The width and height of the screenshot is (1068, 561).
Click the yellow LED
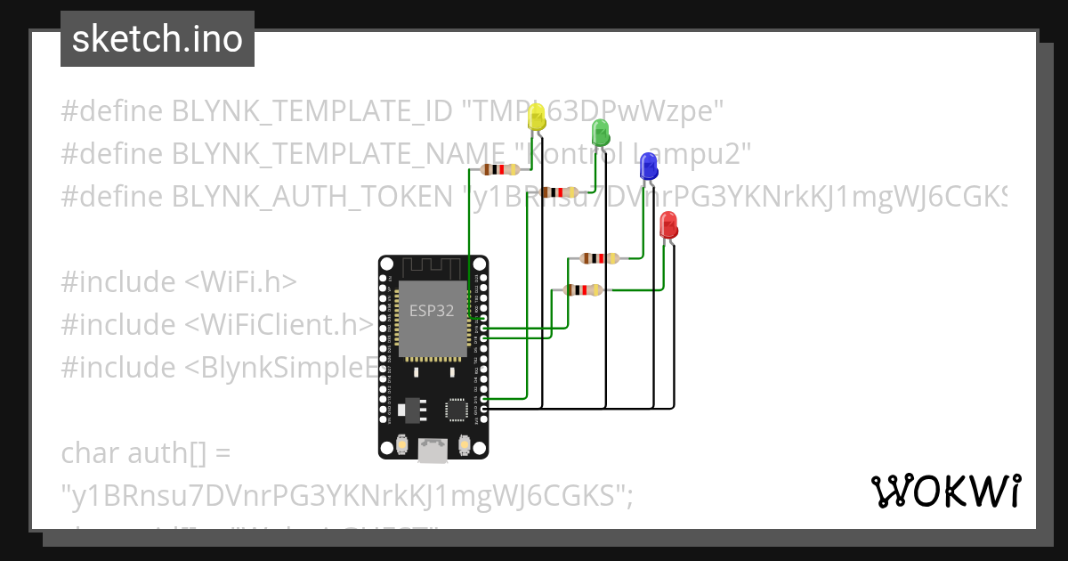[x=536, y=117]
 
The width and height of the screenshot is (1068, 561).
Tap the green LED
[x=600, y=134]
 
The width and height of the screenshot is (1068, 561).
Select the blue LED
[x=649, y=165]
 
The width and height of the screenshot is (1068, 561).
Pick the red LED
[x=668, y=224]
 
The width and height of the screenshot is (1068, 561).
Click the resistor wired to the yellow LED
[x=498, y=170]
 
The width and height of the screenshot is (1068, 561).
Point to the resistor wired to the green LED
[x=559, y=191]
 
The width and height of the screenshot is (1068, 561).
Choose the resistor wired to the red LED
[x=583, y=289]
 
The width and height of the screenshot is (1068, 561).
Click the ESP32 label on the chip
[x=432, y=311]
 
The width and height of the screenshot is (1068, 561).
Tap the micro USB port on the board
[x=433, y=451]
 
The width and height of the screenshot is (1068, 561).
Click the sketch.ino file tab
[x=158, y=39]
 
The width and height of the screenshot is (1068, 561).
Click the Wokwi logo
[x=945, y=491]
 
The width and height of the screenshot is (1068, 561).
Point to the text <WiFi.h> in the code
[x=240, y=282]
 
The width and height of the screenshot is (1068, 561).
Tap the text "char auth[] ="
[x=146, y=453]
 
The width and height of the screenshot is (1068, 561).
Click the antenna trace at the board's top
[x=433, y=267]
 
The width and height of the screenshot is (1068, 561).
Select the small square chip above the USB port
[x=457, y=409]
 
